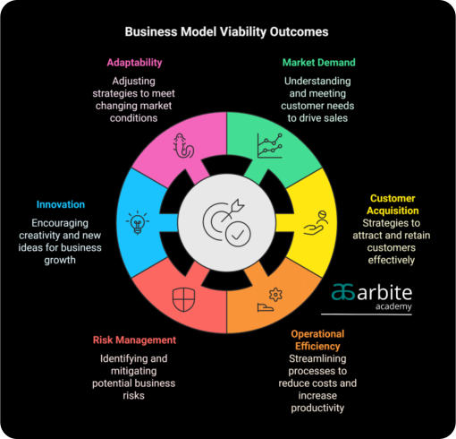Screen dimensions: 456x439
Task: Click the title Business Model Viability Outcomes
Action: (226, 32)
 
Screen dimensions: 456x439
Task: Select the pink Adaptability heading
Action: (134, 63)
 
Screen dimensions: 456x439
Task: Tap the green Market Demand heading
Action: (319, 63)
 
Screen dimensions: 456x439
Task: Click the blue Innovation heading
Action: (61, 204)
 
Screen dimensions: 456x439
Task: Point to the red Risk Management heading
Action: (134, 340)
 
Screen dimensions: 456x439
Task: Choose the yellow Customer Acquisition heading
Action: (393, 204)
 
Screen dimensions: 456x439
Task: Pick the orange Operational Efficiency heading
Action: (317, 340)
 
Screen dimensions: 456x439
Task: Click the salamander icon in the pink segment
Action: (183, 145)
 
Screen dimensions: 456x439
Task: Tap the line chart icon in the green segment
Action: (270, 145)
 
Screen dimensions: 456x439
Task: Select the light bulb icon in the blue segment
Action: (138, 222)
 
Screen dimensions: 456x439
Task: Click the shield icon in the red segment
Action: (184, 299)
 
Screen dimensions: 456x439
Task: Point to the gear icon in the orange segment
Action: (275, 295)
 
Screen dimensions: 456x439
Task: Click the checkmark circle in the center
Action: (238, 234)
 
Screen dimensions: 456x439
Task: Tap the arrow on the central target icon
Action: (232, 211)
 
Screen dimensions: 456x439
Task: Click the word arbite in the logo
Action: (384, 293)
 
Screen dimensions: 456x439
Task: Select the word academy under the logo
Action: (393, 306)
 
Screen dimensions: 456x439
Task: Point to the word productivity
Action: (317, 408)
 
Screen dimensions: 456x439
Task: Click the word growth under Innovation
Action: (60, 260)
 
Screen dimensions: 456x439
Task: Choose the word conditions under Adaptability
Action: (133, 118)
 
